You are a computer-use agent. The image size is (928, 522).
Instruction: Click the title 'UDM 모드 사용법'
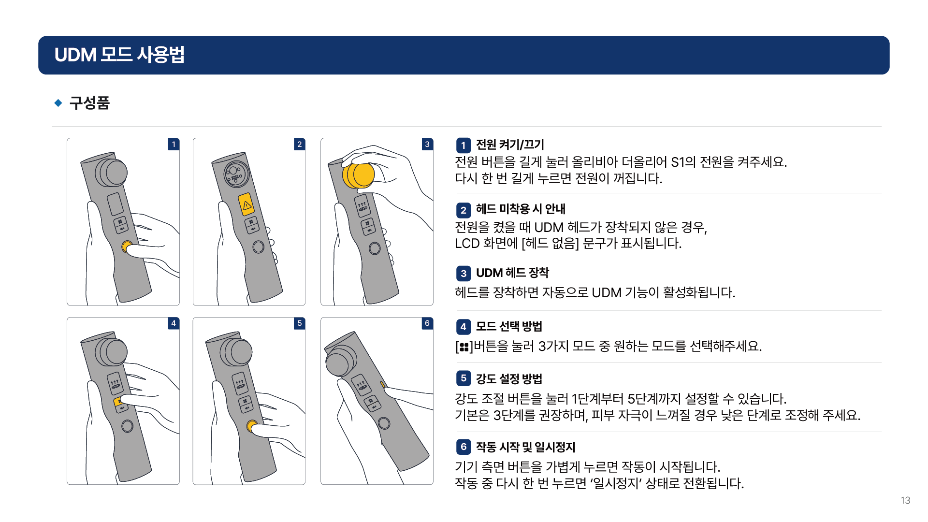tap(119, 55)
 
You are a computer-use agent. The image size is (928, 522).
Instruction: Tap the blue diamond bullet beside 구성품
tap(58, 102)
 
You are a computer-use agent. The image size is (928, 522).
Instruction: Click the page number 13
tap(905, 500)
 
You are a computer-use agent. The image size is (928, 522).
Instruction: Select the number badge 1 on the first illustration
tap(174, 144)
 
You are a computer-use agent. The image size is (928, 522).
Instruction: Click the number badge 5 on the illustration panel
tap(300, 323)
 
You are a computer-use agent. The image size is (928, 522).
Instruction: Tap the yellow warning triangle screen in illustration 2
tap(246, 205)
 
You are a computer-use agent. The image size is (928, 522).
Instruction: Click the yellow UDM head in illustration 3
tap(358, 175)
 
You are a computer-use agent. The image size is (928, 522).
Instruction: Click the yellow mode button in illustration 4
tap(118, 402)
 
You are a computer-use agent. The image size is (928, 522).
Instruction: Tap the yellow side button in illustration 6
tap(383, 385)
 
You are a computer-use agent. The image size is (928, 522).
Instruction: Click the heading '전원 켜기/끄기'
tap(510, 145)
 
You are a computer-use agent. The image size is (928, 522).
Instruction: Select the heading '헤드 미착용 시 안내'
tap(521, 209)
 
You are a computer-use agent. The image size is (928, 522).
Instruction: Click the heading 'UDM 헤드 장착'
tap(512, 273)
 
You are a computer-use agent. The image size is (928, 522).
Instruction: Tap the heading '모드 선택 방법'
tap(509, 326)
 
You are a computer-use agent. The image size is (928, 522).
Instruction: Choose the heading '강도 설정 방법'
tap(509, 378)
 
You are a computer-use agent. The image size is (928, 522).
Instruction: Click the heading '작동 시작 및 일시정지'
tap(525, 447)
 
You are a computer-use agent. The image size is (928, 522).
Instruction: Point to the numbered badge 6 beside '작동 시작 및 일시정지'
tap(464, 447)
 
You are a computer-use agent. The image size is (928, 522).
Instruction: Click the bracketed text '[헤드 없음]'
tap(550, 243)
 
